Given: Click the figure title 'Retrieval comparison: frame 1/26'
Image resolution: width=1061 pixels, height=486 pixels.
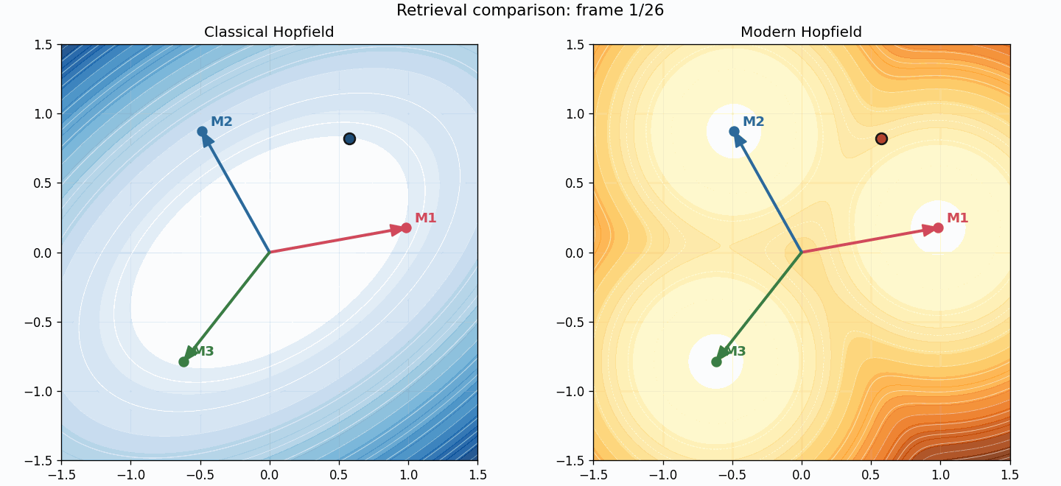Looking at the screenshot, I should coord(530,10).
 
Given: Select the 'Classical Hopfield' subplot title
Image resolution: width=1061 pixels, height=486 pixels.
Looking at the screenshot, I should coord(269,32).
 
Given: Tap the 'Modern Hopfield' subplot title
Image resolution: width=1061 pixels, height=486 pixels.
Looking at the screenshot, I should coord(801,32).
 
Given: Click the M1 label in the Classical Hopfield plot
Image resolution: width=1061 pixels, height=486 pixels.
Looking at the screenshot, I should coord(425,218).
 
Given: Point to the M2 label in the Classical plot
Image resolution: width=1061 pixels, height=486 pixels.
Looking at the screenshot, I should coord(221,121).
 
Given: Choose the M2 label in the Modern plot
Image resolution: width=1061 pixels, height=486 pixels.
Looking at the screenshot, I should coord(753,121).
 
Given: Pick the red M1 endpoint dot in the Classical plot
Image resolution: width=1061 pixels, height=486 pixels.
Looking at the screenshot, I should coord(406,228).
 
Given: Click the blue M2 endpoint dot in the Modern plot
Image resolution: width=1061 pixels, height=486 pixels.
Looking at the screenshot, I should coord(734,132).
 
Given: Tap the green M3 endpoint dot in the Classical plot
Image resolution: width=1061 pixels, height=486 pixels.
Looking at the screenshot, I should coord(183,362).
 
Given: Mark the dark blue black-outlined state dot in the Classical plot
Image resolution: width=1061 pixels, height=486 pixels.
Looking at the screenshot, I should coord(349,138).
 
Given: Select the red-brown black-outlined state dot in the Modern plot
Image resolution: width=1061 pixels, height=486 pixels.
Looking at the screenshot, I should coord(881,138).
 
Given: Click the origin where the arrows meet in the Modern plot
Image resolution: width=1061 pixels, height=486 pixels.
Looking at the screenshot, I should coord(802,253).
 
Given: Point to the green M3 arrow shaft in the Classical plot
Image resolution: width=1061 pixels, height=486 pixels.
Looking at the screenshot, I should coord(228,305).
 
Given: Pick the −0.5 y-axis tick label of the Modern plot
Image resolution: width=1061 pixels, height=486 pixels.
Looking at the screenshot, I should coord(570,322).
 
